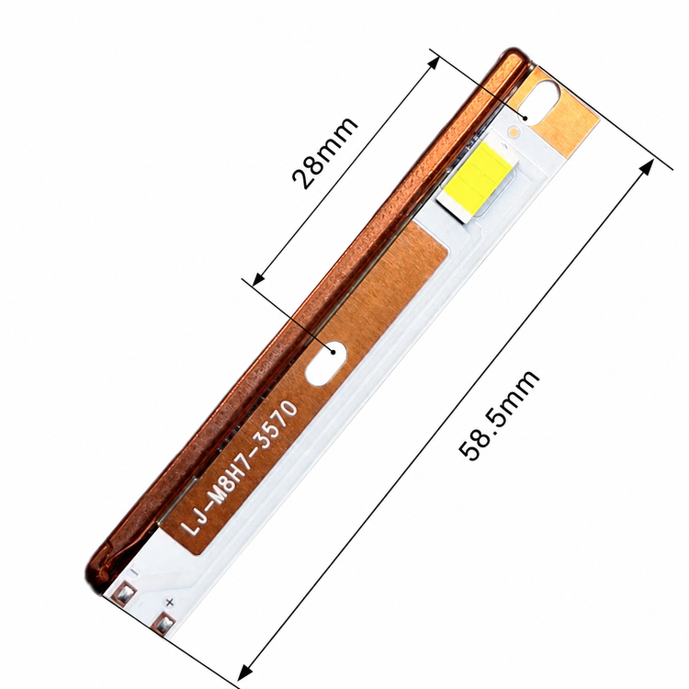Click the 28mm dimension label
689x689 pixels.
point(324,152)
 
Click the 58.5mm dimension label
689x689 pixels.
point(498,414)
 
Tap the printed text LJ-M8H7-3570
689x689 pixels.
point(240,468)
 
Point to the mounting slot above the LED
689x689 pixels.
point(545,103)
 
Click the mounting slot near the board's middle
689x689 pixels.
point(326,363)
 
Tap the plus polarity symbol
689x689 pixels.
point(170,602)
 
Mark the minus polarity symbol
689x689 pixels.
point(134,571)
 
